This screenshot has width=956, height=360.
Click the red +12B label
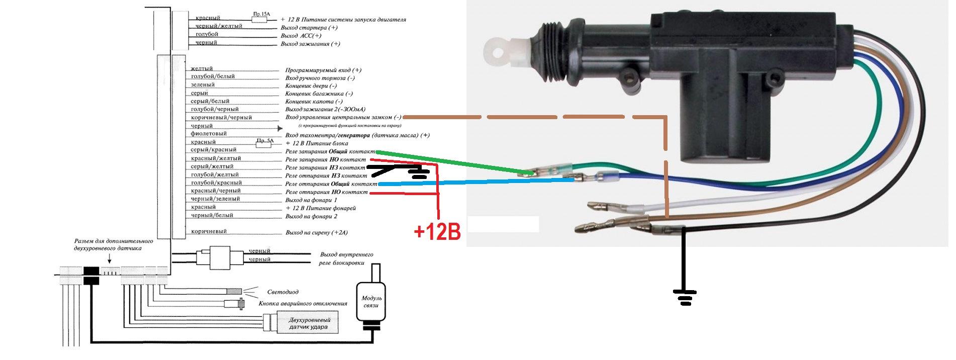coord(437,232)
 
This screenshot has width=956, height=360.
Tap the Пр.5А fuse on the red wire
coord(264,143)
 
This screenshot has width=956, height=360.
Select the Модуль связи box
coord(371,302)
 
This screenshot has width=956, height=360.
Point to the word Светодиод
coord(282,292)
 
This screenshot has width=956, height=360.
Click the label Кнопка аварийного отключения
coord(303,303)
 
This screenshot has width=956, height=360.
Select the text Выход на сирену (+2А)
coord(316,232)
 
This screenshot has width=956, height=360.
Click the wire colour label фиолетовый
coord(209,134)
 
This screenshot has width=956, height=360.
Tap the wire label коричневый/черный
coord(221,117)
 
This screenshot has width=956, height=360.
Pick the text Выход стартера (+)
coord(309,28)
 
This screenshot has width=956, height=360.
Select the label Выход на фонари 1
coord(311,200)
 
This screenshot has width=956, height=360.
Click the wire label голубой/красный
coord(216,183)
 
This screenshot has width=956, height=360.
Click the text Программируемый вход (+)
coord(323,70)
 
